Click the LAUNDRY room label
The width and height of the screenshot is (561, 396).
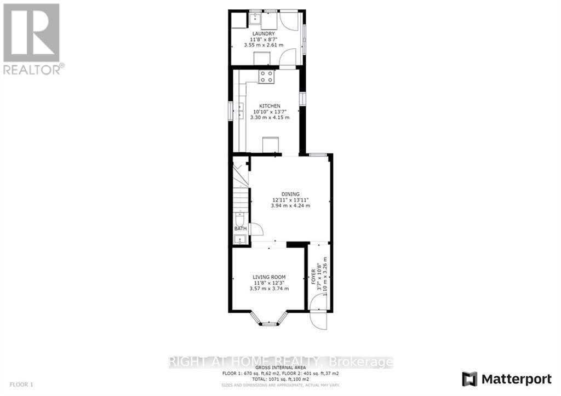(x=267, y=34)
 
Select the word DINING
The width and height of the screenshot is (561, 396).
(x=291, y=194)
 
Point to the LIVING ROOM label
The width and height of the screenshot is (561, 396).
(x=269, y=277)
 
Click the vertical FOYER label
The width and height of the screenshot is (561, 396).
(x=314, y=276)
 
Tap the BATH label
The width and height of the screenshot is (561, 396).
(x=240, y=228)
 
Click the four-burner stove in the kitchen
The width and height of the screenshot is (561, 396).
(x=266, y=77)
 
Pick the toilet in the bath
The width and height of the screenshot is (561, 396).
(x=239, y=219)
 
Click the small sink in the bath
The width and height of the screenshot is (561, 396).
(x=239, y=239)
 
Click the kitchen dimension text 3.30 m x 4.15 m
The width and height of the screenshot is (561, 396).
(x=270, y=118)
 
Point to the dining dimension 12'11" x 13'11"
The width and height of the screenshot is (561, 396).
(x=291, y=200)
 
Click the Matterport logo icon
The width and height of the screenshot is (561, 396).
(x=470, y=378)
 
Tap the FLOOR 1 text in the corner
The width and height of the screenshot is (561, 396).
(x=17, y=385)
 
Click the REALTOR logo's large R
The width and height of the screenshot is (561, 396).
(x=31, y=33)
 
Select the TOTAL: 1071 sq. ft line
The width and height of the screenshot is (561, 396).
(x=280, y=378)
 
